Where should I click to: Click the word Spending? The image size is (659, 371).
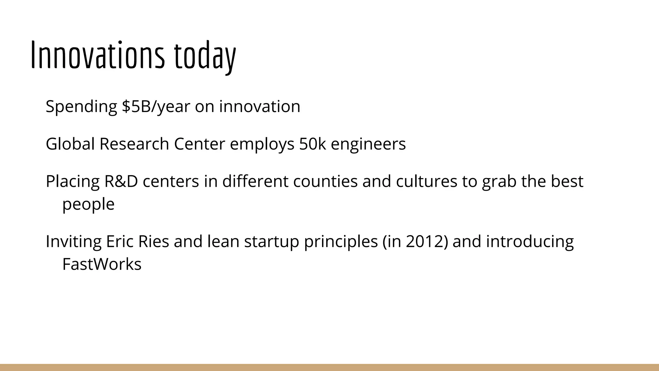click(x=81, y=107)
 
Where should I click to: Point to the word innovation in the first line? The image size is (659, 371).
click(x=260, y=107)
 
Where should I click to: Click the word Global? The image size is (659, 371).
click(x=70, y=144)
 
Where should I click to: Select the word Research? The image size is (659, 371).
click(x=134, y=144)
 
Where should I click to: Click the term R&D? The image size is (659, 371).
click(x=121, y=181)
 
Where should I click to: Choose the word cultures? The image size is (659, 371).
click(x=426, y=181)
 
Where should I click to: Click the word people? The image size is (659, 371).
click(x=88, y=204)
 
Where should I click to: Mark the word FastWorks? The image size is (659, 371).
click(x=102, y=264)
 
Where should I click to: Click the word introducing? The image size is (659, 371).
click(x=530, y=242)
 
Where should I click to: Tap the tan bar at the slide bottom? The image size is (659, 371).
click(x=329, y=367)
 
